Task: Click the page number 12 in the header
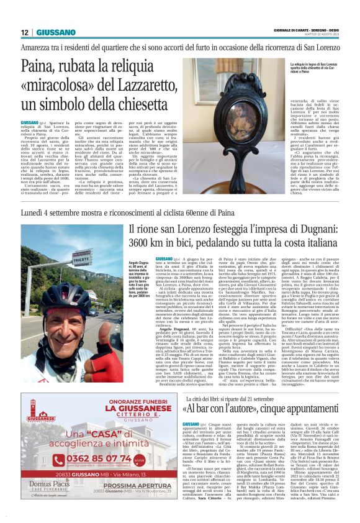(x=24, y=32)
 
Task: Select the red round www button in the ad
(x=140, y=460)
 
